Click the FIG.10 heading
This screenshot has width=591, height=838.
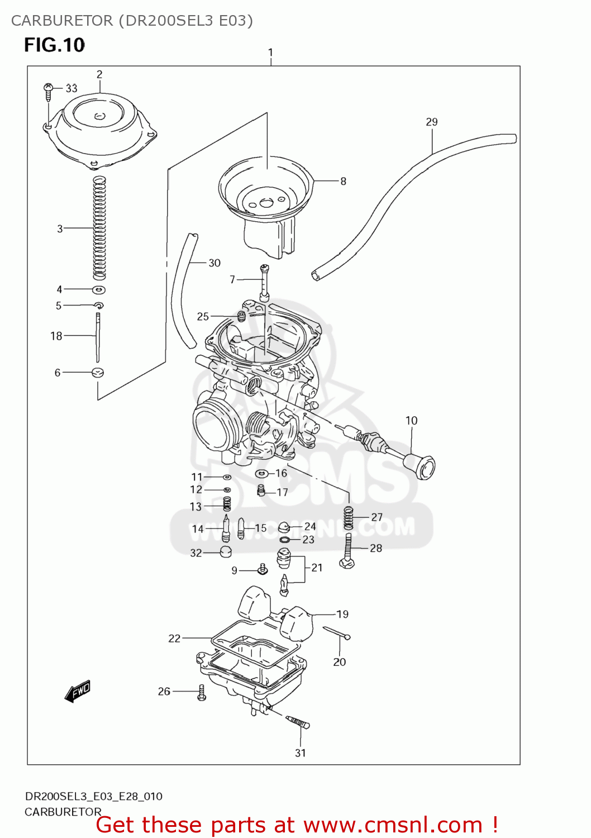[54, 45]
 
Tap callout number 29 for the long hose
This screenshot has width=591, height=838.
[431, 122]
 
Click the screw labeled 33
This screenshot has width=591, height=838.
[49, 91]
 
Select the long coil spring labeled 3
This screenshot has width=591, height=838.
[99, 228]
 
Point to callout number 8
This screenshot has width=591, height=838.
[343, 181]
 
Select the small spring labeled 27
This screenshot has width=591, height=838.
[349, 518]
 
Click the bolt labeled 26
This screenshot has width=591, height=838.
[202, 693]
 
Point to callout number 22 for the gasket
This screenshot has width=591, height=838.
[174, 638]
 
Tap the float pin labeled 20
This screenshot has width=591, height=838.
[336, 633]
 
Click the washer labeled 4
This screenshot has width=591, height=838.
[99, 290]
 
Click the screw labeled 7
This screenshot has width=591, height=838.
[264, 283]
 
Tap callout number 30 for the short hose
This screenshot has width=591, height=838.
[215, 263]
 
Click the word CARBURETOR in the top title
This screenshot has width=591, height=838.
[62, 21]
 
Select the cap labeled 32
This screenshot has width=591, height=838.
[225, 553]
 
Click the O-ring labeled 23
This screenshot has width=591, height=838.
[284, 540]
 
